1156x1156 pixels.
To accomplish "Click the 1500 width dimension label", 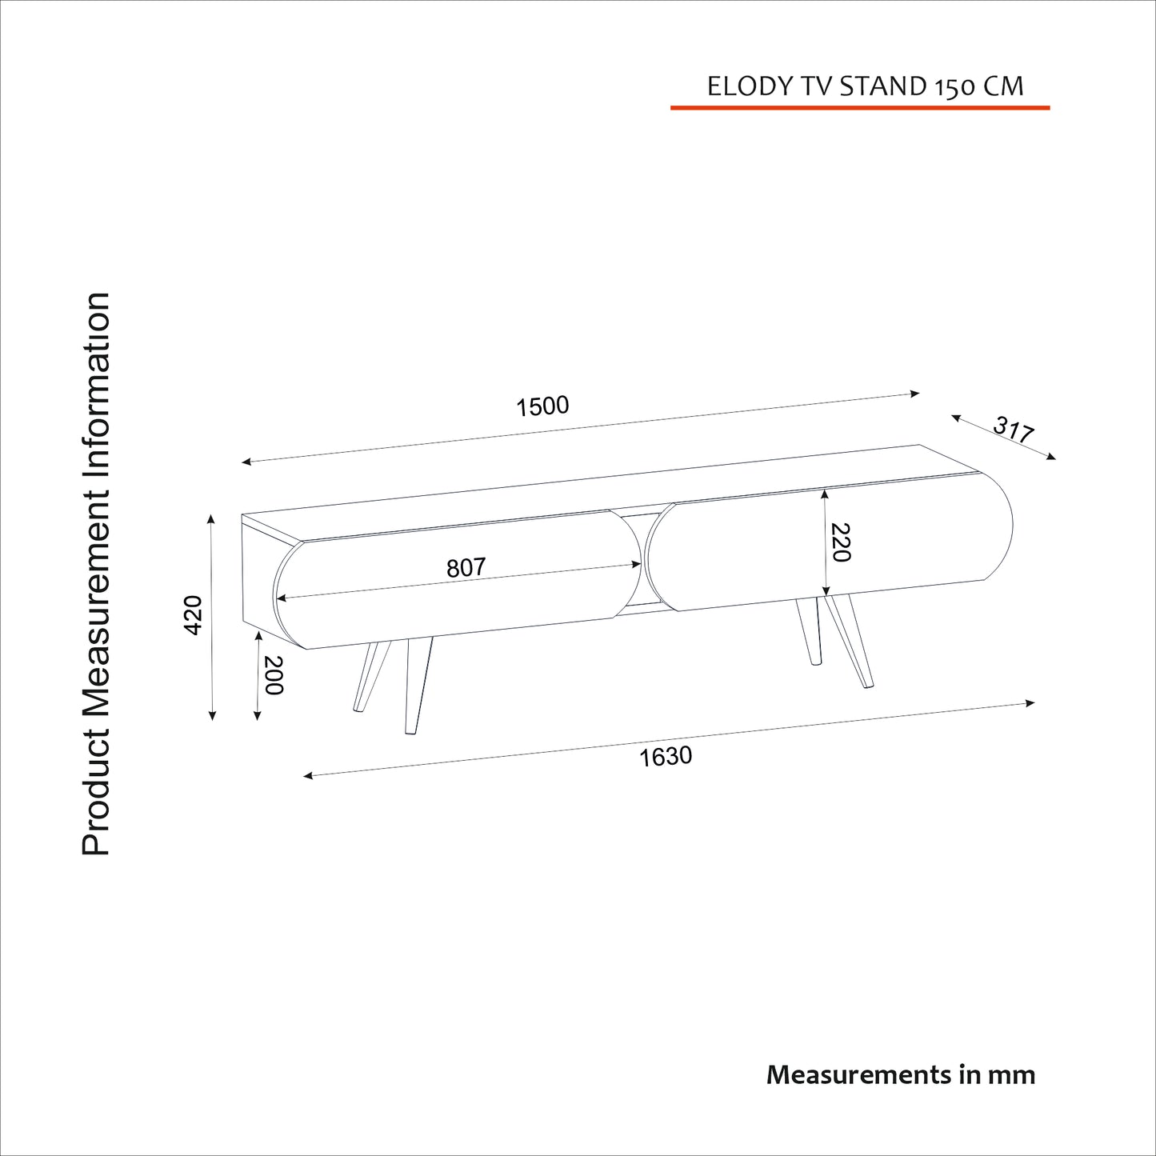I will pyautogui.click(x=542, y=406).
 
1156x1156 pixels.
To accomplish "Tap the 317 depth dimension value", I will pyautogui.click(x=1014, y=430).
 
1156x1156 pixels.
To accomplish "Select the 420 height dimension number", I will pyautogui.click(x=193, y=615).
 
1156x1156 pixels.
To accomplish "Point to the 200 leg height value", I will pyautogui.click(x=274, y=675).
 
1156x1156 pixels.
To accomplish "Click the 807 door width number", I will pyautogui.click(x=466, y=567).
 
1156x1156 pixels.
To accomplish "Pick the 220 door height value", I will pyautogui.click(x=840, y=542).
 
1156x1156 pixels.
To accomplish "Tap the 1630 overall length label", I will pyautogui.click(x=665, y=756).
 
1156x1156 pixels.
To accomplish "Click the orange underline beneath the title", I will pyautogui.click(x=859, y=107).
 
